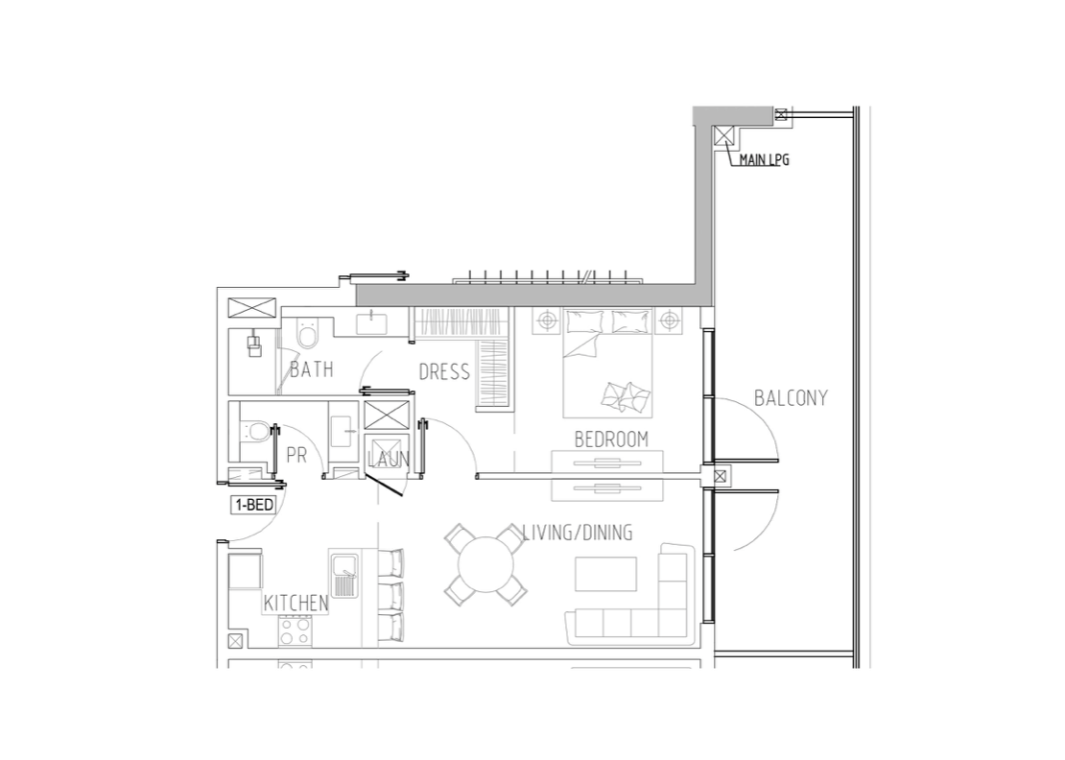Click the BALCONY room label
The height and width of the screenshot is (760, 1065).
coord(792,397)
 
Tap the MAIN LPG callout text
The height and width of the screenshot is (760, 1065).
coord(764,160)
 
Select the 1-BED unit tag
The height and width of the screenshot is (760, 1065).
coord(253,505)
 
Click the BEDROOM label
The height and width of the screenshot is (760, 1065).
coord(611,439)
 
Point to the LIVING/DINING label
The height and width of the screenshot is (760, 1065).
coord(578,533)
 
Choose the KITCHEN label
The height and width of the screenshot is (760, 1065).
coord(296,603)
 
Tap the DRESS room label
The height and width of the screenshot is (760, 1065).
coord(444,371)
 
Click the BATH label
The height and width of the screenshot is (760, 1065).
coord(312,369)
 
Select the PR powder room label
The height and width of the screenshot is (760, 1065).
coord(296,455)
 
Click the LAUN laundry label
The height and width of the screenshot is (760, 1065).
coord(389,460)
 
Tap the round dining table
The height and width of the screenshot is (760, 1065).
coord(486,565)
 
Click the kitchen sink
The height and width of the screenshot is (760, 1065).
coord(345,575)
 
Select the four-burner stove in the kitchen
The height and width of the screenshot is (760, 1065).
coord(295,631)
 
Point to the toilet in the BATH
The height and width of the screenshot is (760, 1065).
coord(308,334)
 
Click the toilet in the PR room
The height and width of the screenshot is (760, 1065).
coord(254,431)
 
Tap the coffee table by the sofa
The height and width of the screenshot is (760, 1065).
coord(605,575)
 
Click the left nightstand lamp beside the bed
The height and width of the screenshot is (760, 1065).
coord(547,321)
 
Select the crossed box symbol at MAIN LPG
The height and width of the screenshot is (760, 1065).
coord(723,136)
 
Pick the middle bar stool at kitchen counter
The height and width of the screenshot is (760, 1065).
coord(390,596)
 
